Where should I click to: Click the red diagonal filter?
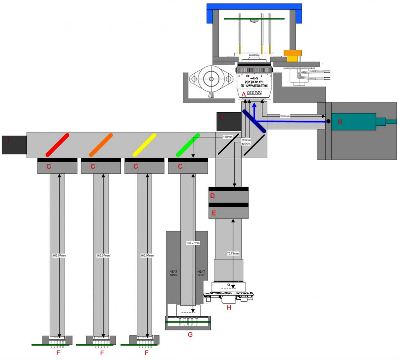click(x=58, y=145)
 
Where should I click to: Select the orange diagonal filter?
click(x=101, y=145)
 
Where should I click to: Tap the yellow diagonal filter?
click(x=145, y=145)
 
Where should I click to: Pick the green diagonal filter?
click(x=188, y=145)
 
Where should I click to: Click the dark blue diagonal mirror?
click(x=254, y=121)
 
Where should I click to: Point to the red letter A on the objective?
click(x=244, y=94)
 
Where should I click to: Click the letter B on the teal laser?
click(x=340, y=122)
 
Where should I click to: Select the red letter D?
click(x=213, y=196)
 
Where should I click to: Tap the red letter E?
click(x=213, y=213)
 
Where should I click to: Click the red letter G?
click(x=190, y=334)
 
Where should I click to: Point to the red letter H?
click(x=229, y=307)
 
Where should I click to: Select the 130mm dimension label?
click(x=228, y=137)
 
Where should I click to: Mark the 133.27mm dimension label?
click(x=193, y=243)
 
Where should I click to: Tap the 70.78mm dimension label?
click(x=233, y=252)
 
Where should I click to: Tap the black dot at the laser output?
click(x=328, y=122)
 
